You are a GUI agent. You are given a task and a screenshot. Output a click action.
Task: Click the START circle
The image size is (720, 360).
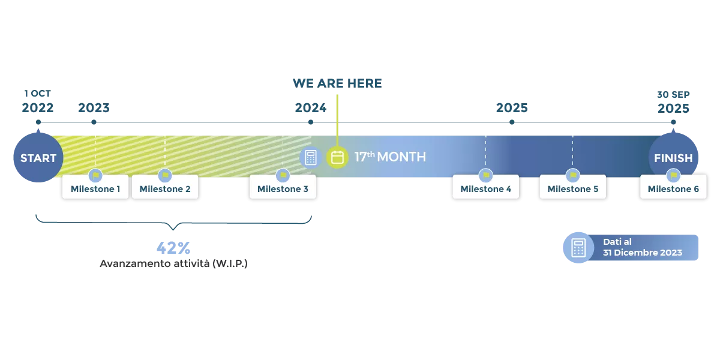click(x=38, y=158)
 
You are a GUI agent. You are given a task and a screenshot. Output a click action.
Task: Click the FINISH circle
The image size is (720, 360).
click(x=673, y=158)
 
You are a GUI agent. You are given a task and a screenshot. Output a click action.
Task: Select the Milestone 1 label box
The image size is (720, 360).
click(x=95, y=189)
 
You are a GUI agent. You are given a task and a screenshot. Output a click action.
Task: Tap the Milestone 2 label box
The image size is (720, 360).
click(x=165, y=189)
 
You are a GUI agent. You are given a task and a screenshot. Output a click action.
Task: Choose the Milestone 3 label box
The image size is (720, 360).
click(x=283, y=189)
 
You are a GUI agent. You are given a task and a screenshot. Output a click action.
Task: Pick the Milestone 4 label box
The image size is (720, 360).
click(x=485, y=189)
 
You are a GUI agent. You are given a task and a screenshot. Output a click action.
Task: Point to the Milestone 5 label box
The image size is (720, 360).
click(x=572, y=189)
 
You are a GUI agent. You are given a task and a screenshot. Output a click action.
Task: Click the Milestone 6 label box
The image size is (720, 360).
click(x=673, y=189)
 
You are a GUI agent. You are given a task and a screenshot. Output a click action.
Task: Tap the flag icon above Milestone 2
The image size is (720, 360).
click(x=165, y=175)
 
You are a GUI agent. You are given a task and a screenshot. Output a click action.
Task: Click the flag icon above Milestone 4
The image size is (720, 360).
click(x=485, y=175)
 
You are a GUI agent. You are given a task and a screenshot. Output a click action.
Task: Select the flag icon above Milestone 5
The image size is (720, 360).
click(x=572, y=175)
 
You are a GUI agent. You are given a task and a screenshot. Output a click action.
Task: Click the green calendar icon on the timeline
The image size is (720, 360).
click(x=338, y=157)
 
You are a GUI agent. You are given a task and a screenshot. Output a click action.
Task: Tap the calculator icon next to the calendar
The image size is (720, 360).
click(x=310, y=157)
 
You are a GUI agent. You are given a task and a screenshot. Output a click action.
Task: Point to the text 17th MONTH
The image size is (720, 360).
click(x=390, y=157)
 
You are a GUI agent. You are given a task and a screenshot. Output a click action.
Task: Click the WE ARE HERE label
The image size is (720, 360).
click(x=338, y=83)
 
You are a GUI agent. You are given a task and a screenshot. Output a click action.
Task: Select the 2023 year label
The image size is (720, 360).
click(x=94, y=109)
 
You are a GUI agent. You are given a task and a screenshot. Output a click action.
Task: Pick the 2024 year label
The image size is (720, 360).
click(x=310, y=109)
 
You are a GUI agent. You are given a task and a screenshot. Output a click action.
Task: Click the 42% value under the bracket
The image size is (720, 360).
click(x=173, y=247)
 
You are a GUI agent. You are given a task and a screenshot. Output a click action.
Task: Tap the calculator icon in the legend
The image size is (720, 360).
click(x=578, y=247)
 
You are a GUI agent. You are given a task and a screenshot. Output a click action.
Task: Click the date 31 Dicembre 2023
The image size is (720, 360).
click(x=643, y=253)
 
